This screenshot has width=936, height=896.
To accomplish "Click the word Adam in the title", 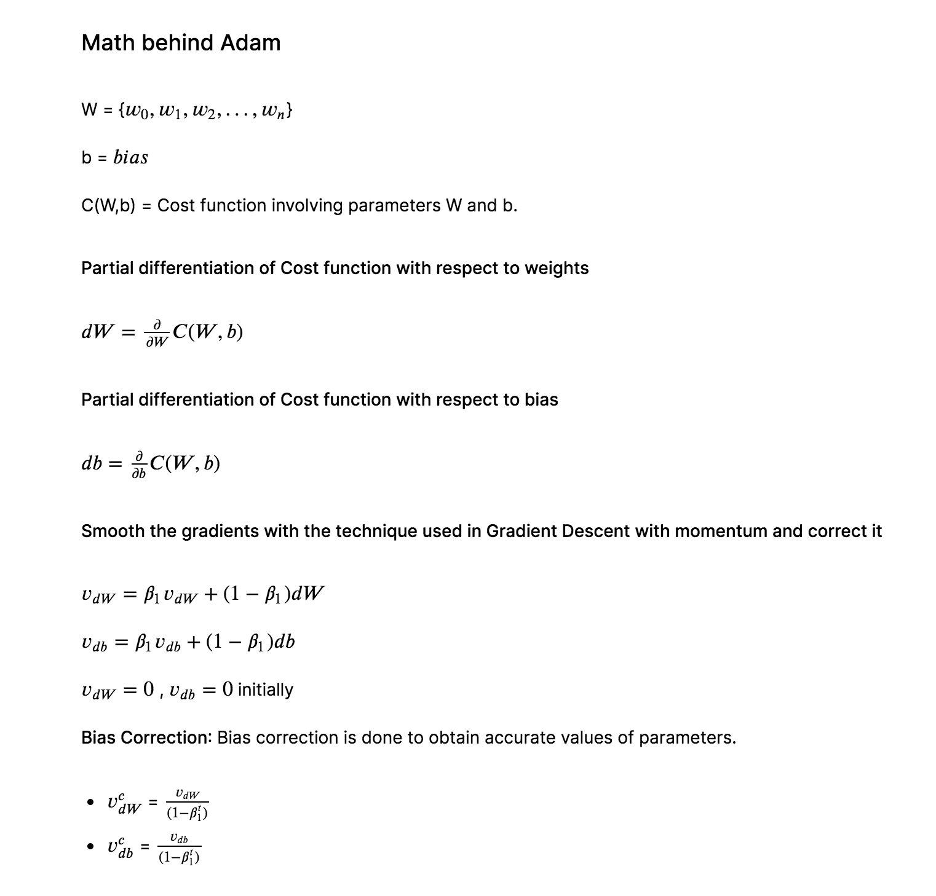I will click(250, 42).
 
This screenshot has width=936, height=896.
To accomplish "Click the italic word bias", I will click(130, 157).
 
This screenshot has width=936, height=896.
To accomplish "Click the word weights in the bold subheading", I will click(556, 268).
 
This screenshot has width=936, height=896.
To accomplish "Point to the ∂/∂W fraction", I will click(157, 332).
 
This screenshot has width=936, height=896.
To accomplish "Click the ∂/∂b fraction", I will click(139, 464).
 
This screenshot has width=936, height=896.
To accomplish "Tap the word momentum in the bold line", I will click(721, 531).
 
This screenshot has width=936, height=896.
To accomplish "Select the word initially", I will click(265, 690).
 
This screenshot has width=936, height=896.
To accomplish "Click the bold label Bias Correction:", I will click(146, 737).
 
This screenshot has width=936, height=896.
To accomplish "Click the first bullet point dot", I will click(91, 803).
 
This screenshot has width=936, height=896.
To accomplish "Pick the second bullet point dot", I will click(91, 847).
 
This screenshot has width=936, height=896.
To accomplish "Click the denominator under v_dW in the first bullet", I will click(187, 813).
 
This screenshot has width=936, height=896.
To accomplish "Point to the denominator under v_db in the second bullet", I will click(178, 857).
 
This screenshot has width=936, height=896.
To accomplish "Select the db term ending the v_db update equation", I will click(284, 642).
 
